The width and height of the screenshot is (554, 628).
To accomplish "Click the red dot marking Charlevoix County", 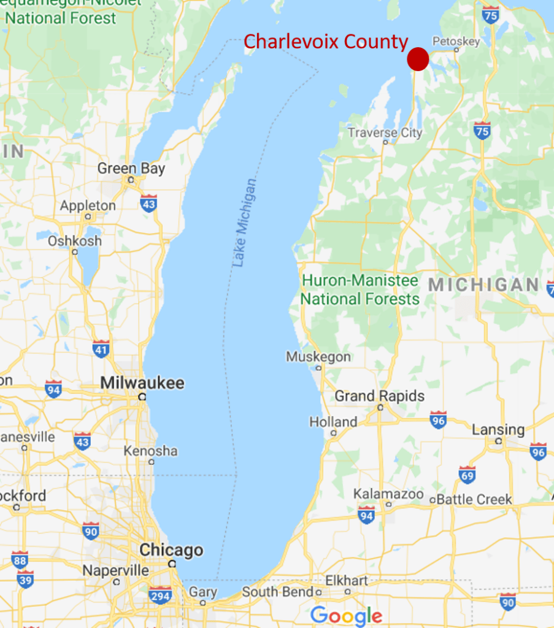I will click(418, 59).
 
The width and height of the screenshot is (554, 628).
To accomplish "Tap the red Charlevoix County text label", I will click(326, 42).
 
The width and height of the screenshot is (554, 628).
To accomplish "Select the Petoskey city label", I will click(456, 42).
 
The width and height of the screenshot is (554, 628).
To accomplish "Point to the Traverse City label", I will click(385, 132).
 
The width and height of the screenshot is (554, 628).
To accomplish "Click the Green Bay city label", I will click(131, 168).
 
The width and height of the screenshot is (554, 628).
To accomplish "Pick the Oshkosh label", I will click(75, 241).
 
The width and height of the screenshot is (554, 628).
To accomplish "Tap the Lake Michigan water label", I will click(245, 223).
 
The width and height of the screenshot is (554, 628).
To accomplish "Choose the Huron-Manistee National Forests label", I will click(360, 290).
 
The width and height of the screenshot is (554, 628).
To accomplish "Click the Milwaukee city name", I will click(142, 383).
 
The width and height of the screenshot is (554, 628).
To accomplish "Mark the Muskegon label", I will click(318, 357).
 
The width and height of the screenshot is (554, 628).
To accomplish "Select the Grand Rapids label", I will click(379, 396).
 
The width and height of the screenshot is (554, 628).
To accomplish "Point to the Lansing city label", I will click(498, 430).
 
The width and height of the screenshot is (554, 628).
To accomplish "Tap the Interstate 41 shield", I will click(101, 348).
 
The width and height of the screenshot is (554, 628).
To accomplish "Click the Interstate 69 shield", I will click(467, 475).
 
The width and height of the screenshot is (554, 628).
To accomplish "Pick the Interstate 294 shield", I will click(160, 594).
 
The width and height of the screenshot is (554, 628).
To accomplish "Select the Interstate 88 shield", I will click(20, 559).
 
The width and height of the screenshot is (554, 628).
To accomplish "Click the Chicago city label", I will click(171, 550).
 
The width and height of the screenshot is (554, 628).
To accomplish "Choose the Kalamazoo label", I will click(388, 494).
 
